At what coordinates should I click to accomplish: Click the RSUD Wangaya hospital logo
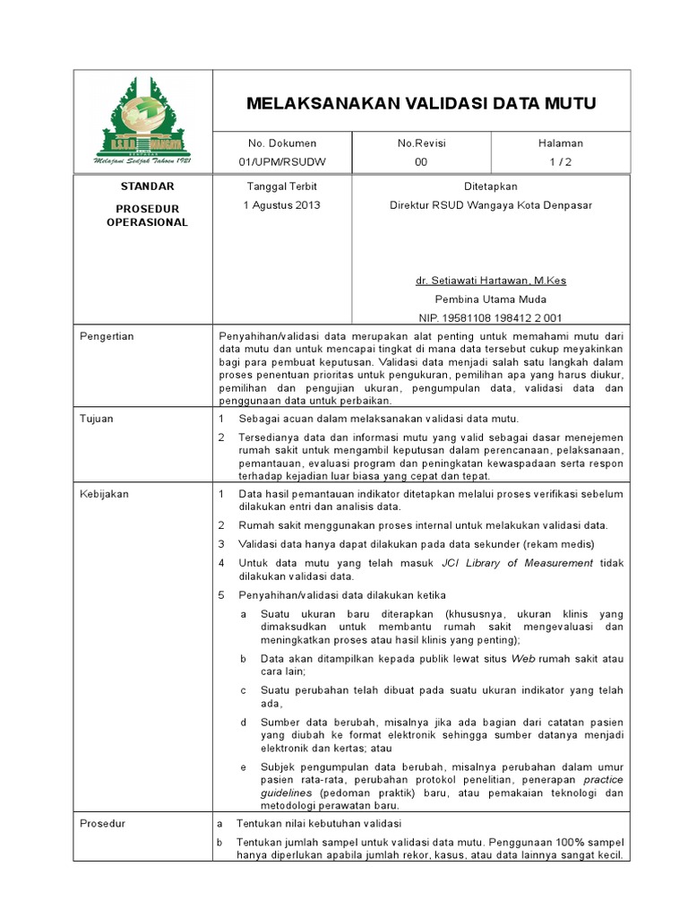tap(143, 123)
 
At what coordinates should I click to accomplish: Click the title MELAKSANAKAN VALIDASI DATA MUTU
tap(421, 104)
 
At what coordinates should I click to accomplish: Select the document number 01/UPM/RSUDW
tap(282, 162)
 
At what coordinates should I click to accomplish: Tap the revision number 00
tap(421, 162)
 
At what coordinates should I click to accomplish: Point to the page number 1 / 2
tap(560, 162)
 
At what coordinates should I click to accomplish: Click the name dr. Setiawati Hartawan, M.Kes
tap(490, 281)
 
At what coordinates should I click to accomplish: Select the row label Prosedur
tap(102, 823)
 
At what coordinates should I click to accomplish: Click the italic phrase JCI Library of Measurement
tap(518, 563)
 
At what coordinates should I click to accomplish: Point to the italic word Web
tap(522, 658)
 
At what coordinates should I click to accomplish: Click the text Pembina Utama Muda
tap(490, 299)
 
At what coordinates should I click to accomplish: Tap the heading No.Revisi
tap(421, 143)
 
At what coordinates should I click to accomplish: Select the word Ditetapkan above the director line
tap(490, 186)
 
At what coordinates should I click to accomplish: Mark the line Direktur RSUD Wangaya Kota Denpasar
tap(490, 204)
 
